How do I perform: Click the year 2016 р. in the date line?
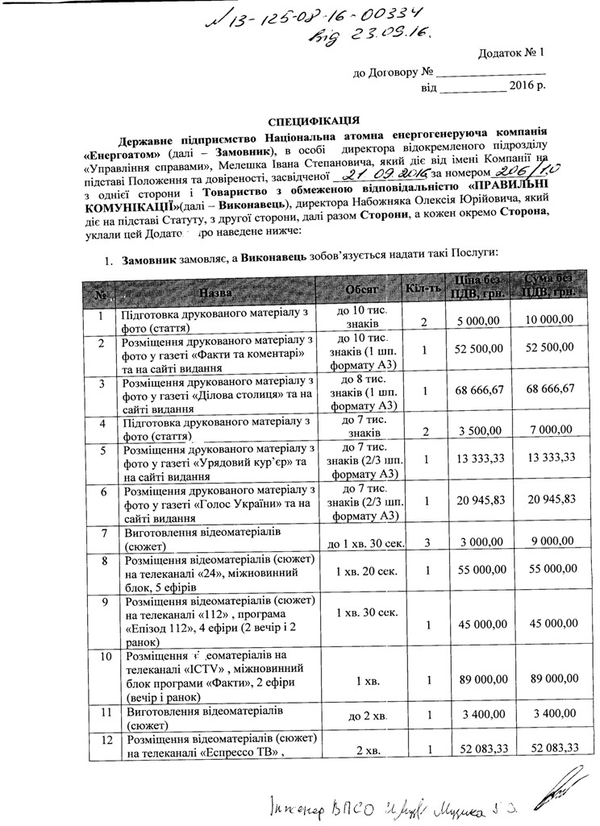coord(527,85)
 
